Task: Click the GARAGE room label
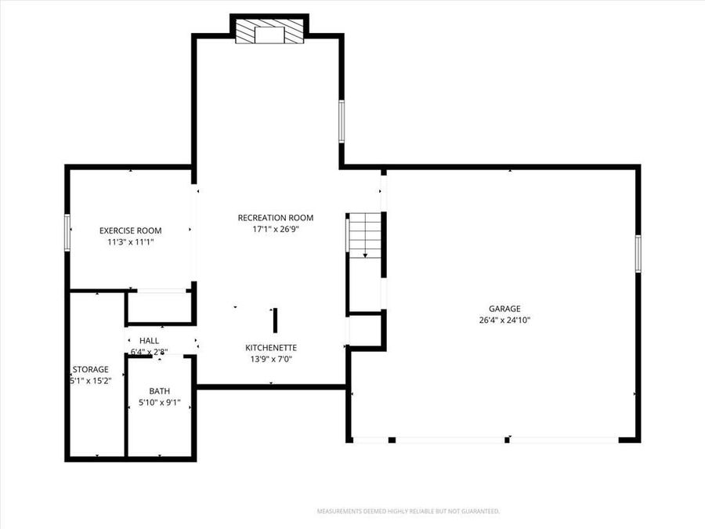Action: [x=504, y=309]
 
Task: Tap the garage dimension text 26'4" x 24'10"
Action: [x=504, y=320]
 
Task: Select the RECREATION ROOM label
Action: [x=276, y=218]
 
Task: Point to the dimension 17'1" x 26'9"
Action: [x=276, y=230]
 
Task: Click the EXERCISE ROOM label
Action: [x=130, y=230]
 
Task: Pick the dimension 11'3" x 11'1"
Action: [x=130, y=242]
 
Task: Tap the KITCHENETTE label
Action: [x=271, y=347]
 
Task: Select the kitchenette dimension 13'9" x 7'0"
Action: [x=271, y=359]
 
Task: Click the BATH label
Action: [x=159, y=391]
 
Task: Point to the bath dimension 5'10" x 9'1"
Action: [x=159, y=402]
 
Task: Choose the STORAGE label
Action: [x=90, y=369]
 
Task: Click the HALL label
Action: [x=149, y=341]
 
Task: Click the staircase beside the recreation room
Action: [x=364, y=235]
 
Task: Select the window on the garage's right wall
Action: [x=638, y=254]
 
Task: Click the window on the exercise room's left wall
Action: [x=67, y=233]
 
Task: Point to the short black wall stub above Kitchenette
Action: [x=274, y=321]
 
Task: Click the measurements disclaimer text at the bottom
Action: [x=407, y=511]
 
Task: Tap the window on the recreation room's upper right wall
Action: [x=342, y=121]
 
